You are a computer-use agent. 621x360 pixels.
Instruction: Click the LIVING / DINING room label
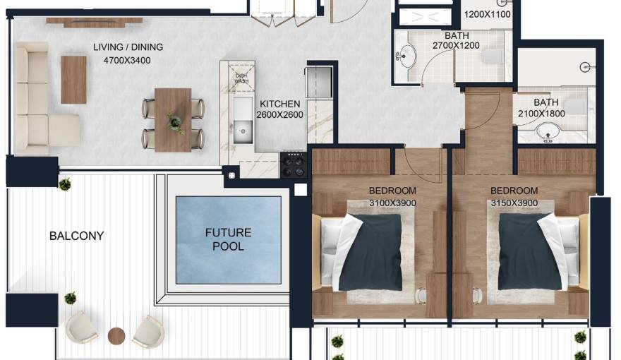[x=128, y=47]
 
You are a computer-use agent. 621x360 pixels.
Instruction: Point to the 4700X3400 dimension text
[x=128, y=60]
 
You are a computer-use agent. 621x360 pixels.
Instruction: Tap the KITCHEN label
[x=279, y=103]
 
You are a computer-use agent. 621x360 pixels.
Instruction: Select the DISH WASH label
[x=241, y=78]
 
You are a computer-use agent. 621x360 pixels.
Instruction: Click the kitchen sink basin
[x=242, y=129]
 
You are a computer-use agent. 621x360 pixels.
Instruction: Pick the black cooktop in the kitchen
[x=294, y=164]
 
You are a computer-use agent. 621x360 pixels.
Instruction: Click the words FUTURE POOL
[x=229, y=239]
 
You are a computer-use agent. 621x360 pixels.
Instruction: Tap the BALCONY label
[x=76, y=236]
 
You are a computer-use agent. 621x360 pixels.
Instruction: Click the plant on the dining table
[x=174, y=123]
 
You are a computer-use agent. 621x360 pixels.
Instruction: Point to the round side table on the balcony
[x=116, y=335]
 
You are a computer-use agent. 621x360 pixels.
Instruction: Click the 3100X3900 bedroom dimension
[x=392, y=203]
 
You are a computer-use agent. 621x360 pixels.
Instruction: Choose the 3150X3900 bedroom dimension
[x=514, y=203]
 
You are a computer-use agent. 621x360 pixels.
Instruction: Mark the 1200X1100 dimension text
[x=486, y=14]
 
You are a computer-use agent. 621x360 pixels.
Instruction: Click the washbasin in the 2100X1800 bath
[x=548, y=133]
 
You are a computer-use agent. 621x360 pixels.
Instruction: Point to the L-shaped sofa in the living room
[x=39, y=99]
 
